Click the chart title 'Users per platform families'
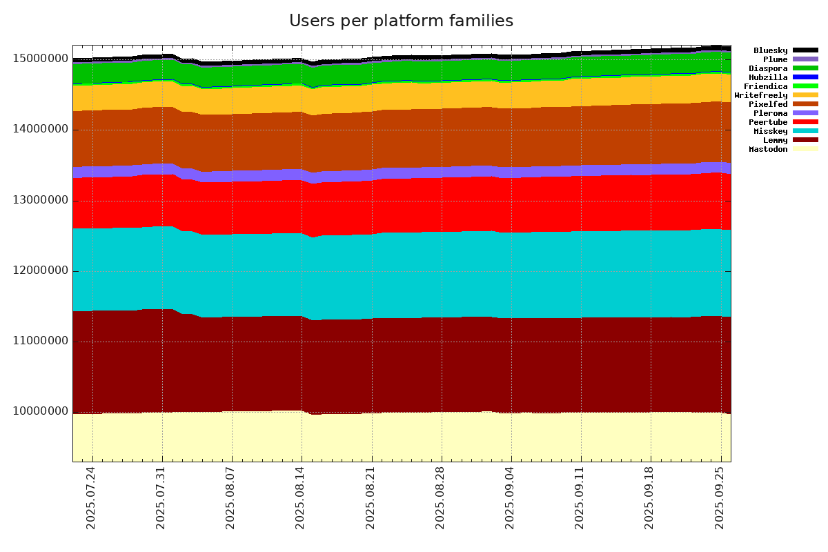coord(401,21)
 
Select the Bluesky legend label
coord(770,50)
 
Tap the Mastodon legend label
coord(768,149)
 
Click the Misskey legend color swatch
coord(805,131)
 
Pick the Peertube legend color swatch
coord(805,122)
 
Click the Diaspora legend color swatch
coord(805,68)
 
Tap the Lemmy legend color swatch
coord(805,140)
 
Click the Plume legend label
coord(775,59)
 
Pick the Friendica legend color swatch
coord(805,86)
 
